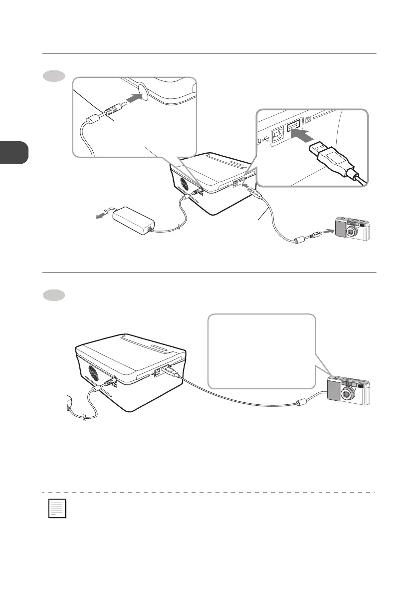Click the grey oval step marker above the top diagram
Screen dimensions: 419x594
coord(53,76)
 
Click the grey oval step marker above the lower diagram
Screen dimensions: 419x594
coord(53,295)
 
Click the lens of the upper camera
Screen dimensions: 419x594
coord(353,231)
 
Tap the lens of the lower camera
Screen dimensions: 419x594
coord(346,394)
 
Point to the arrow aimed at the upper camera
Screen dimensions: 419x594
coord(327,231)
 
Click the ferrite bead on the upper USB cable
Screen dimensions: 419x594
coord(299,240)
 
